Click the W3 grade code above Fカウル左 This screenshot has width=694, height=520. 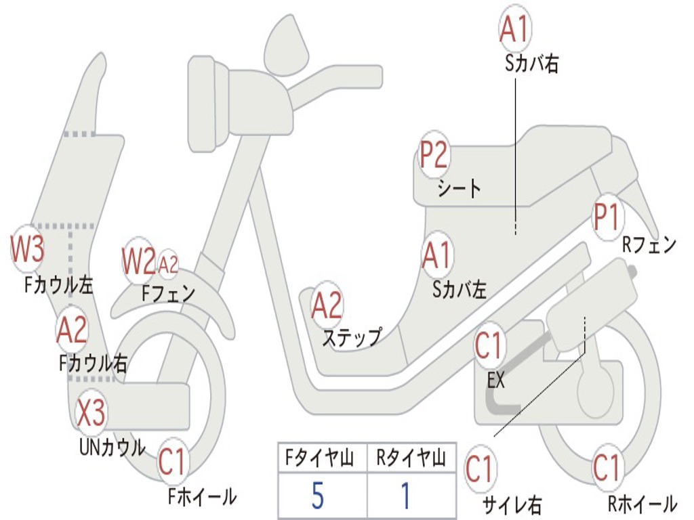28,249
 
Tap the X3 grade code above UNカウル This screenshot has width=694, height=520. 90,413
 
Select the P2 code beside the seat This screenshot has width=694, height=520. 434,155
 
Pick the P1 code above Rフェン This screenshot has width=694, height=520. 607,217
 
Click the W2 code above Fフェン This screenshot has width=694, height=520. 138,261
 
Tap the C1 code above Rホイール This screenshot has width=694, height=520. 607,468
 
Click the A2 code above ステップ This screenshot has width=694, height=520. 327,305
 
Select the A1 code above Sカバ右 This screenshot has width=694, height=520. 514,29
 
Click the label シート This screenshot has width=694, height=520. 458,188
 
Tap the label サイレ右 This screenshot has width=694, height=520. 512,504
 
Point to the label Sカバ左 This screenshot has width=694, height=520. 460,290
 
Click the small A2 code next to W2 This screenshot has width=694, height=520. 168,264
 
